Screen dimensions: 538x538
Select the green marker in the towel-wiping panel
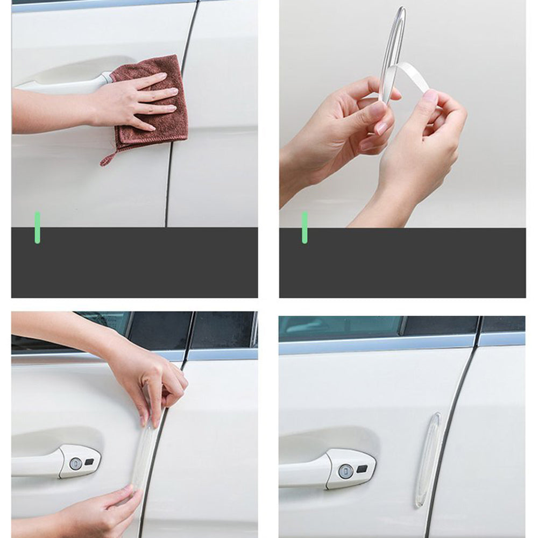coord(37,227)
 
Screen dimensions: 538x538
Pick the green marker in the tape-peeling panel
coord(305,227)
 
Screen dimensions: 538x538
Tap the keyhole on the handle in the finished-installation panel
coord(345,471)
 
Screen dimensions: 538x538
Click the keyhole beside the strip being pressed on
coord(76,463)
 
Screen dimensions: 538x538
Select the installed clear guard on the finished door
coord(428,460)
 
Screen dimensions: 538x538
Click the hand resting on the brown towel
coord(129,100)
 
